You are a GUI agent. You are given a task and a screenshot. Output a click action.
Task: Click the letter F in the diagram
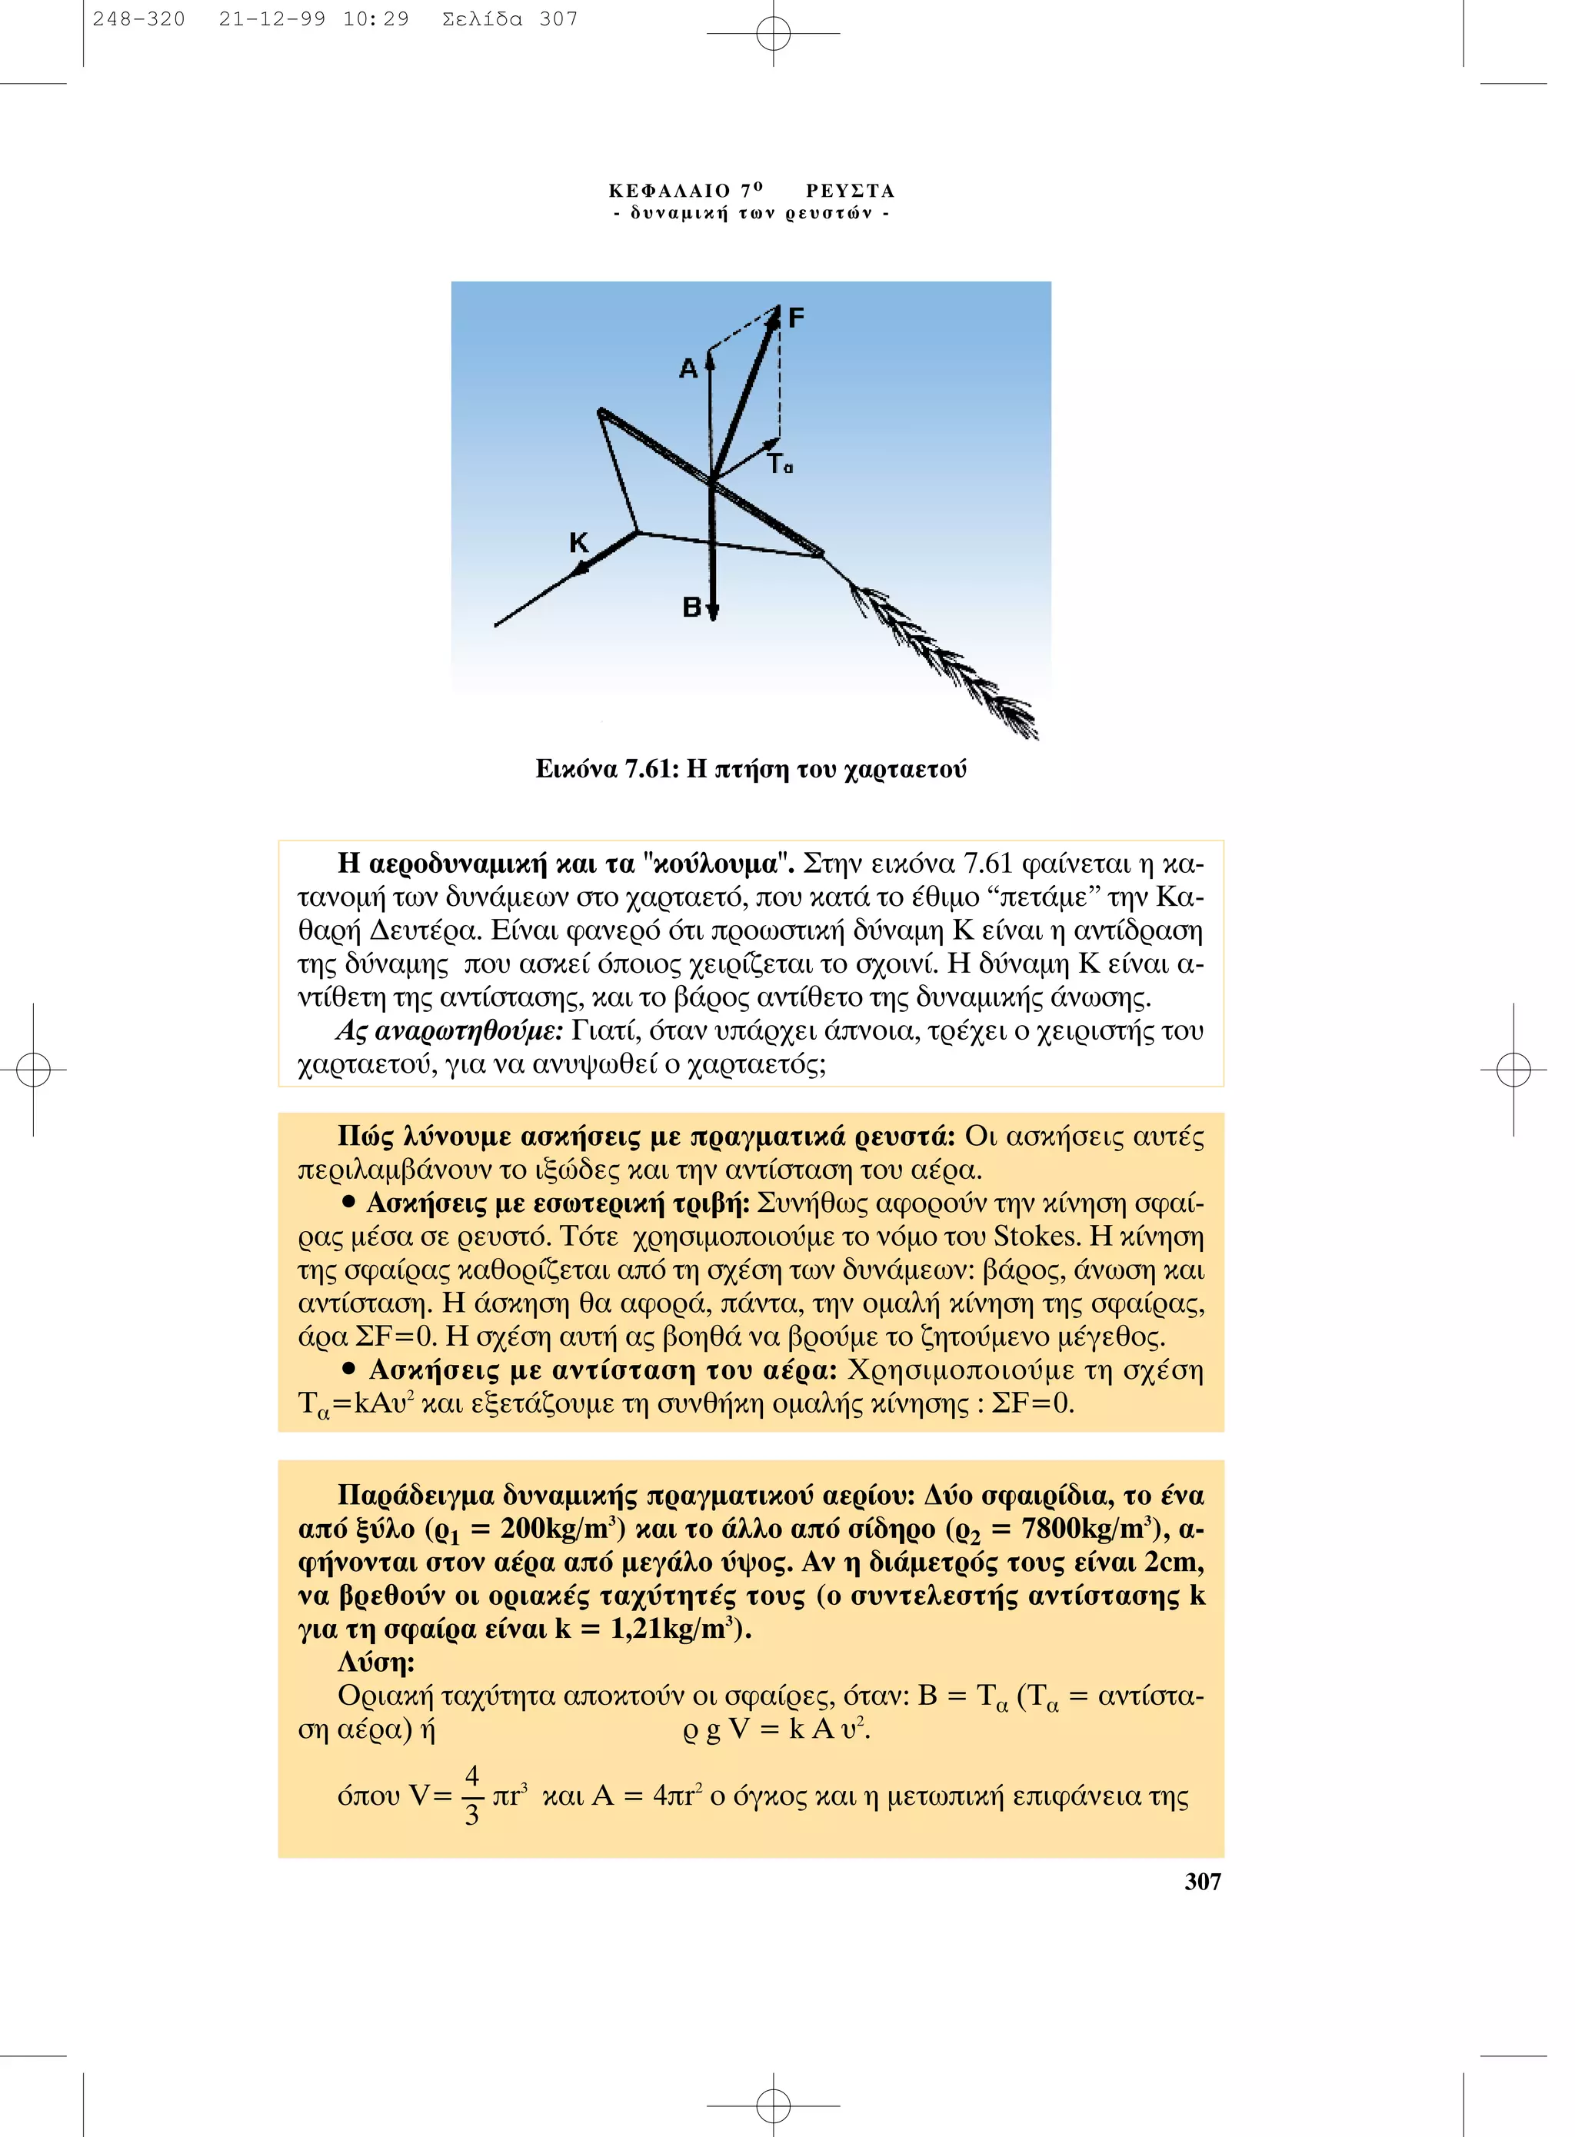[x=796, y=318]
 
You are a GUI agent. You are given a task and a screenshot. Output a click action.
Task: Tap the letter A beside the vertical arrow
[x=688, y=370]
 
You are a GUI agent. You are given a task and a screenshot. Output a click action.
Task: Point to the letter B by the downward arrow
[x=692, y=607]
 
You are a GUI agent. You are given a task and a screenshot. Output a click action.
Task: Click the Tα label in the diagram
[x=779, y=464]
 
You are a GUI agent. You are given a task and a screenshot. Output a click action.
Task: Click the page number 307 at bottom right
[x=1202, y=1881]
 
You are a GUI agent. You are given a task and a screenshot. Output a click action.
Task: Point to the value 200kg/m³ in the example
[x=561, y=1530]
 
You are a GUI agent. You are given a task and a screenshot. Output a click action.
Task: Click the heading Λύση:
[x=375, y=1663]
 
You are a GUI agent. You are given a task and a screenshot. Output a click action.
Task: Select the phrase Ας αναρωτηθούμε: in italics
[x=449, y=1031]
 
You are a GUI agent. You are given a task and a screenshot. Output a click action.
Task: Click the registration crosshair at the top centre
[x=773, y=33]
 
